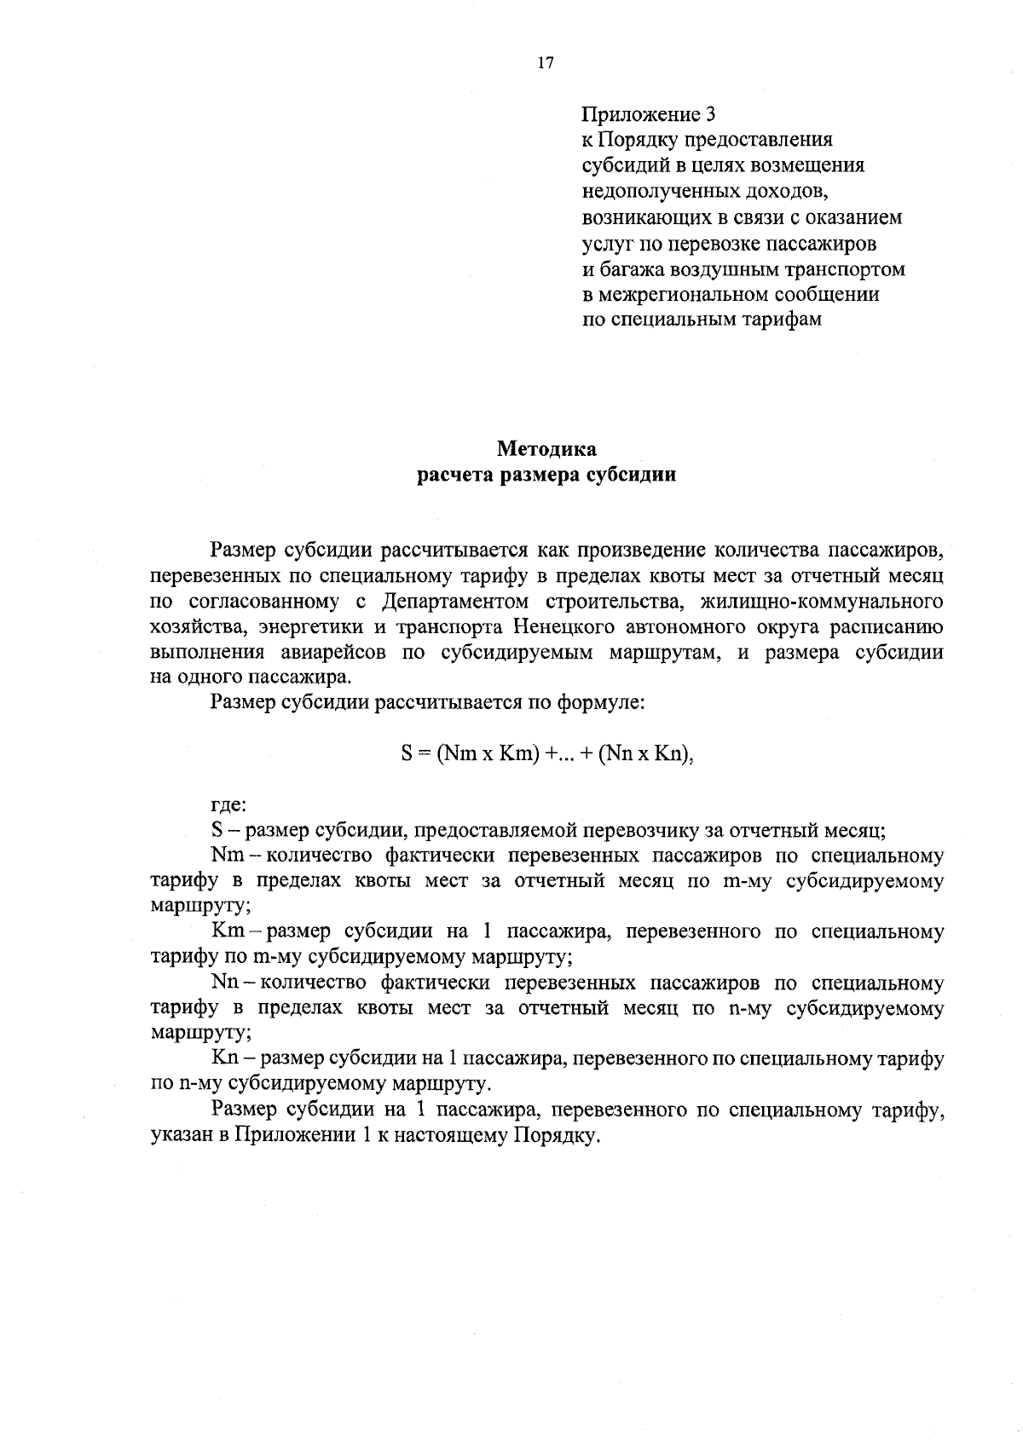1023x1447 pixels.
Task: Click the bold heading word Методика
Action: pyautogui.click(x=546, y=449)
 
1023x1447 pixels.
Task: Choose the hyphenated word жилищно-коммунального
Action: pyautogui.click(x=821, y=602)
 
